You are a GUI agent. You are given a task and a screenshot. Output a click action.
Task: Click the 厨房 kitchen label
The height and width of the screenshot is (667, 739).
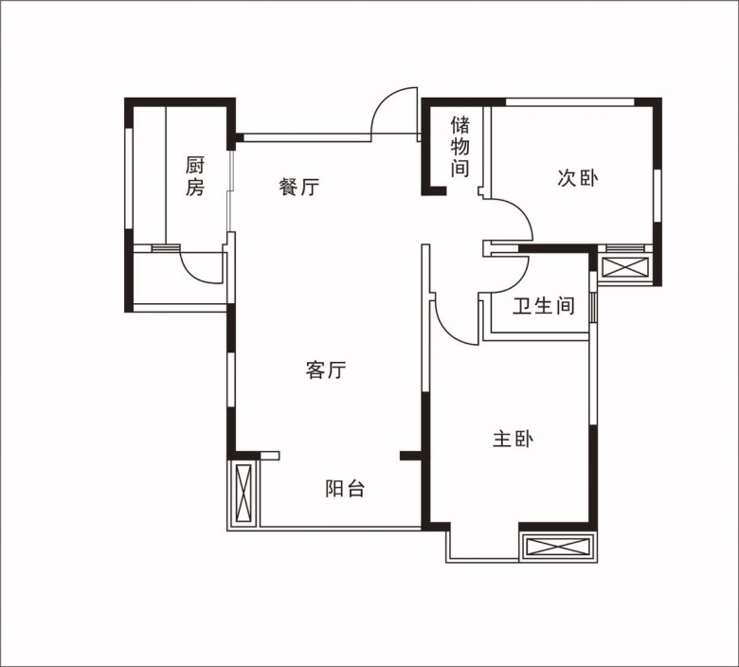(195, 176)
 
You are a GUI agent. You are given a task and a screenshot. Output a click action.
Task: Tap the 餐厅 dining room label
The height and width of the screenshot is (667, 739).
(298, 188)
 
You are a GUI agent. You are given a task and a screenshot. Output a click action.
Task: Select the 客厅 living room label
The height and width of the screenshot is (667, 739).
(326, 370)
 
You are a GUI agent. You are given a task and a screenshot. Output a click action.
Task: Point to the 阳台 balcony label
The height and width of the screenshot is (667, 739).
(345, 489)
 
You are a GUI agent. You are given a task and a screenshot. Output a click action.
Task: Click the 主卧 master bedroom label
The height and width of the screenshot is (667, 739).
(514, 440)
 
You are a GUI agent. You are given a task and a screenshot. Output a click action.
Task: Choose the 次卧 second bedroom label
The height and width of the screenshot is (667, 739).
(578, 178)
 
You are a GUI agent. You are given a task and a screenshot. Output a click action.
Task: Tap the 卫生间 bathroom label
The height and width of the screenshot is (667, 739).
(544, 305)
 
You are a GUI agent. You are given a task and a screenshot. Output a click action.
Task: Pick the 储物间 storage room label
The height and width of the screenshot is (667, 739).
(460, 147)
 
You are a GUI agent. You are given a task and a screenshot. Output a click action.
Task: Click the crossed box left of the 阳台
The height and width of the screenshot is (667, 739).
(244, 493)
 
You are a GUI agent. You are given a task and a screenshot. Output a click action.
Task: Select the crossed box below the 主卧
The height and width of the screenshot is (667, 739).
(558, 547)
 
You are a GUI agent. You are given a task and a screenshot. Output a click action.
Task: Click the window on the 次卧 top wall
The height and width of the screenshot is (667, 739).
(570, 101)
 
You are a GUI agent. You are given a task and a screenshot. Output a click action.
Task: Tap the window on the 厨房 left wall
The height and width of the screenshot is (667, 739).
(129, 178)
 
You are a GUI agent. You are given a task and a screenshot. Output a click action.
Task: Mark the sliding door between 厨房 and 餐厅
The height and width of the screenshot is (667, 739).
(230, 190)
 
